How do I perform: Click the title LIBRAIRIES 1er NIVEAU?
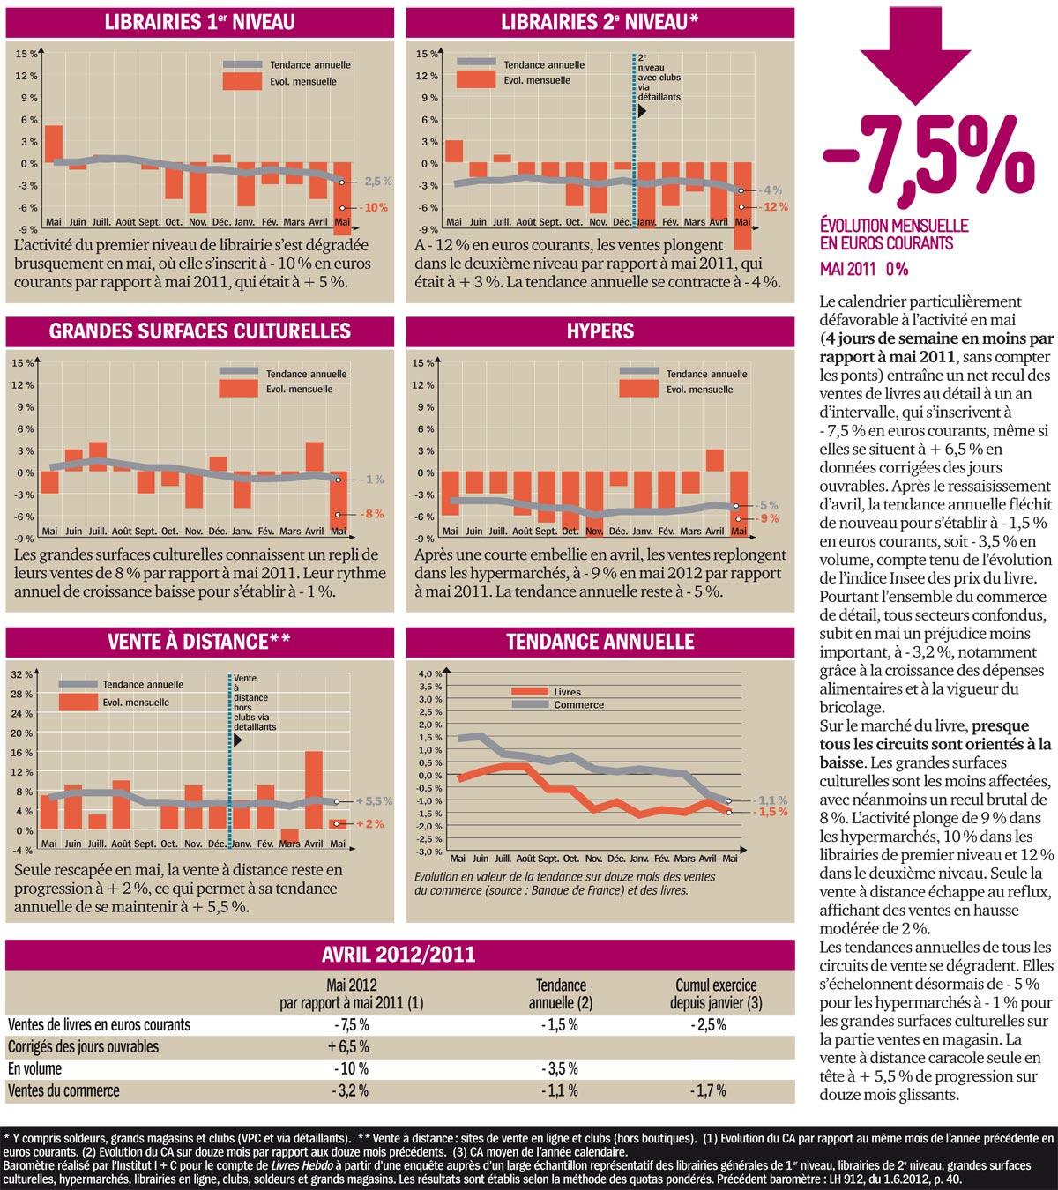pyautogui.click(x=199, y=22)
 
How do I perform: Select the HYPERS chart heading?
pyautogui.click(x=600, y=331)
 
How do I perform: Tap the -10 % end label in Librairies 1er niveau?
pyautogui.click(x=375, y=207)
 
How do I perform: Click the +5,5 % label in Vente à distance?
pyautogui.click(x=374, y=801)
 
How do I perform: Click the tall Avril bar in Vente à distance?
pyautogui.click(x=314, y=789)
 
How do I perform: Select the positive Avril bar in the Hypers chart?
pyautogui.click(x=715, y=460)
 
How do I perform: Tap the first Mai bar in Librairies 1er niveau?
pyautogui.click(x=54, y=144)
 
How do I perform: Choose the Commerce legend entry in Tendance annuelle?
pyautogui.click(x=578, y=704)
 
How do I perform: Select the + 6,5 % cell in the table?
pyautogui.click(x=351, y=1046)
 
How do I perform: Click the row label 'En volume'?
pyautogui.click(x=36, y=1068)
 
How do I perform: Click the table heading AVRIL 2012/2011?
pyautogui.click(x=399, y=954)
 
